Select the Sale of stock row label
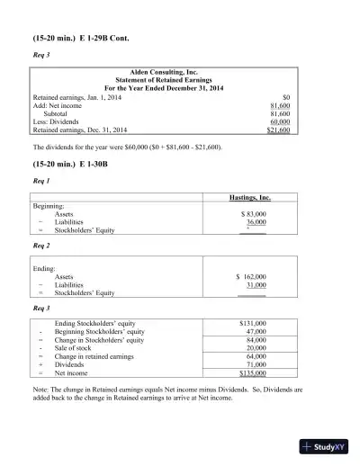[75, 348]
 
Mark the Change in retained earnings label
[97, 356]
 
